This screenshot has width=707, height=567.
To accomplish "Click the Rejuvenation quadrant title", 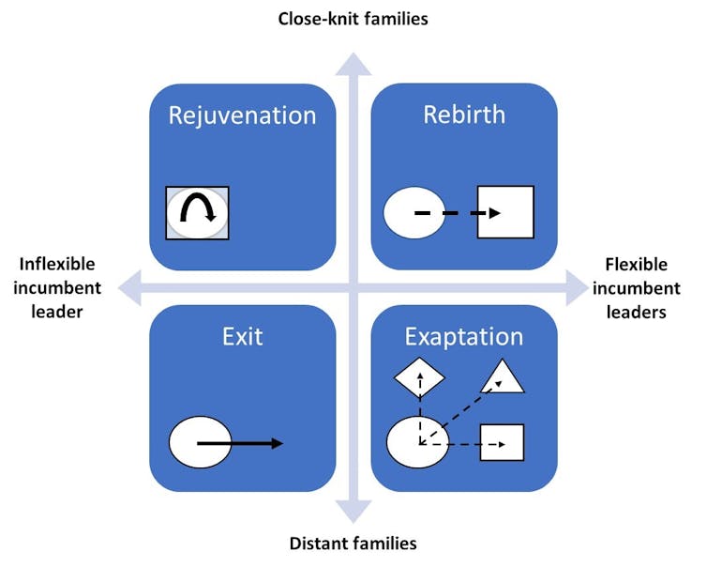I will coord(242,115).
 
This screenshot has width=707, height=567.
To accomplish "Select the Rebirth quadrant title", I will coord(464,115).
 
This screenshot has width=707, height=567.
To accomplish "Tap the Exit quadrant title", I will coord(242,336).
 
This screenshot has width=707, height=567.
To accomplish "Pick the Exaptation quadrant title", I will coord(464,337).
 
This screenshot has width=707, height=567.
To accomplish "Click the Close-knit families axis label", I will coord(353,18).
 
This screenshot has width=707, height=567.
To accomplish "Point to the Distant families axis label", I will coord(353,543).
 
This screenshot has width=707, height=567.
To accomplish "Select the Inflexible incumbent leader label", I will coord(57,287).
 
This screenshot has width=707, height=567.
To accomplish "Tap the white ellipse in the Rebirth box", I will coord(410,213).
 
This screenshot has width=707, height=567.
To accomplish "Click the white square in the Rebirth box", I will coord(505,211).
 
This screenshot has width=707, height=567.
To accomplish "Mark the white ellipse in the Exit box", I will coord(200,442).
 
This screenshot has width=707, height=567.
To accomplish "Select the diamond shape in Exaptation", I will coord(419,379).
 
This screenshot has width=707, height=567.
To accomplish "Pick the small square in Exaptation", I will coord(502,442).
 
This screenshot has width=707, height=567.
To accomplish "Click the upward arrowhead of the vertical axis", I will coord(353,63).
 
